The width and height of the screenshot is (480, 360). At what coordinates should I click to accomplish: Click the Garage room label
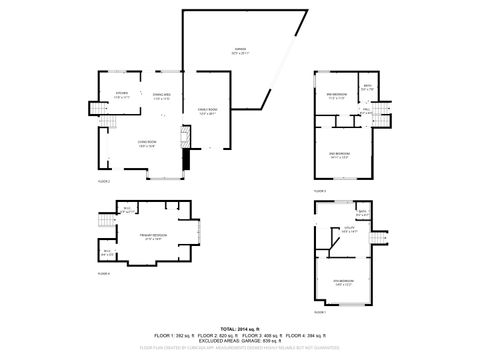(240, 49)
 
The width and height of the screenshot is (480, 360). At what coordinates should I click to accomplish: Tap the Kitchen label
(122, 93)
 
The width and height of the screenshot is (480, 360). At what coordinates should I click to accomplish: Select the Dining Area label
(161, 93)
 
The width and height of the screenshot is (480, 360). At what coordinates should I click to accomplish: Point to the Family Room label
(208, 111)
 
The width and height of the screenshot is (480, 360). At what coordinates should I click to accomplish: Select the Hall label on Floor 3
(367, 111)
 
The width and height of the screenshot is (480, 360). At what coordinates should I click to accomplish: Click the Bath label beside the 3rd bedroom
(367, 87)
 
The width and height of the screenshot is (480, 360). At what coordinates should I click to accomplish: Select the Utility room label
(351, 229)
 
